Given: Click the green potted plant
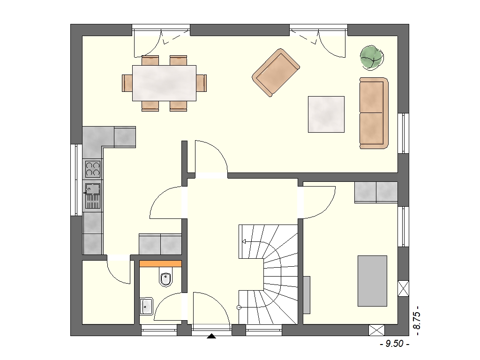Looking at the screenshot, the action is tap(372, 58).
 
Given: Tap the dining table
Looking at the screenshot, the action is tap(164, 83).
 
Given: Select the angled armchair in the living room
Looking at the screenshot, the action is tap(276, 73).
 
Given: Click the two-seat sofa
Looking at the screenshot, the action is tap(374, 113).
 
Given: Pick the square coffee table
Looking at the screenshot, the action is tap(326, 114).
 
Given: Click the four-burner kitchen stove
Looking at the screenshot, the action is tap(92, 169).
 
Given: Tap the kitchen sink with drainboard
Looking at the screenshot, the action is tap(92, 196).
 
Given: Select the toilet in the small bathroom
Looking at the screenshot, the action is tap(166, 277).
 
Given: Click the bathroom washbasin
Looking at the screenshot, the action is tap(146, 306).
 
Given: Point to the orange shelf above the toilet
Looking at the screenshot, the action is tap(160, 263).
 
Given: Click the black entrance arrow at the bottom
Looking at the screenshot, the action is tap(211, 337).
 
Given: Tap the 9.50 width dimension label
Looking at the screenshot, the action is tap(394, 344).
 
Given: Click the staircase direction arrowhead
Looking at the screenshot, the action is tap(244, 241).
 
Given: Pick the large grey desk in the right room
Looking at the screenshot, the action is tap(372, 281).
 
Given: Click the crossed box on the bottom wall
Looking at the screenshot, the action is tap(376, 330).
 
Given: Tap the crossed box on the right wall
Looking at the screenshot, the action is tap(403, 288).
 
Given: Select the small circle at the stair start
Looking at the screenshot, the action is tap(239, 307).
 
